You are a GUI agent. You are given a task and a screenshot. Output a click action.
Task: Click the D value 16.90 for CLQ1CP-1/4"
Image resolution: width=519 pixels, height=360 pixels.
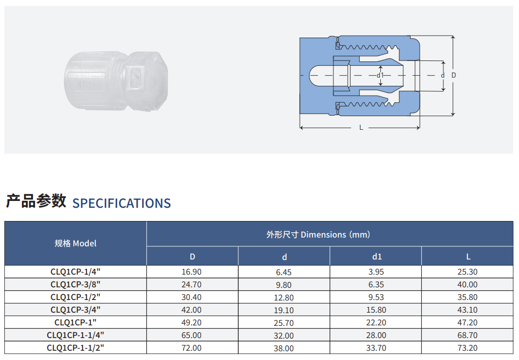pyautogui.click(x=191, y=272)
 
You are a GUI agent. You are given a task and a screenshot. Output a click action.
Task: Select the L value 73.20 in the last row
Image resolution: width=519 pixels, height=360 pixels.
pyautogui.click(x=467, y=348)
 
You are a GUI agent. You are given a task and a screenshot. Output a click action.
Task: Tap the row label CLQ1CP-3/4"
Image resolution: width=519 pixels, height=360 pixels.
pyautogui.click(x=76, y=310)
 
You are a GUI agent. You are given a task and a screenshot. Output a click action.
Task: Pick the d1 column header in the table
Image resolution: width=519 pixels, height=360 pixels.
pyautogui.click(x=377, y=257)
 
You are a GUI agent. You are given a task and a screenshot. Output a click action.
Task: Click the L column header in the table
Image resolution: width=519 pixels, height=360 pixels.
pyautogui.click(x=468, y=257)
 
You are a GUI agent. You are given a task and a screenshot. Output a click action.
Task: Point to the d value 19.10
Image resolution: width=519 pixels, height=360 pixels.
pyautogui.click(x=284, y=310)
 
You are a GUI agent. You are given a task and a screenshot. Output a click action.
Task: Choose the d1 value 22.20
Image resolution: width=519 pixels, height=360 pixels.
pyautogui.click(x=376, y=322)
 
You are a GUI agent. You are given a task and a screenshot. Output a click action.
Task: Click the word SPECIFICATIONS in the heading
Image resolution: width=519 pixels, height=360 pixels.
pyautogui.click(x=122, y=203)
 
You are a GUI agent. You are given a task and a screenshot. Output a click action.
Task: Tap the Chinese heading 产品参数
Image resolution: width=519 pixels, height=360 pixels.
pyautogui.click(x=36, y=201)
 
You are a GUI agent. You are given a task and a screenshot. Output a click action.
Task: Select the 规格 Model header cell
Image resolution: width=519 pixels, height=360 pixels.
pyautogui.click(x=76, y=243)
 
